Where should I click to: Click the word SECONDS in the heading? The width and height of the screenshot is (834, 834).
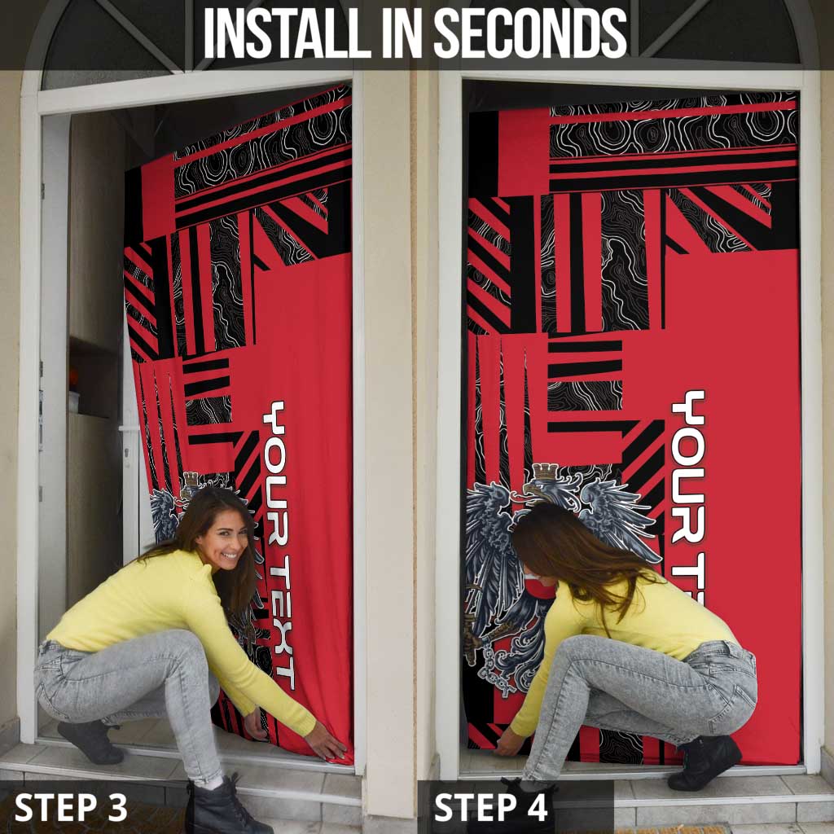530,33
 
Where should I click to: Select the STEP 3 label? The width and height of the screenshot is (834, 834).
71,807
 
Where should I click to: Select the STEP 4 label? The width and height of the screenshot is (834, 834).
490,807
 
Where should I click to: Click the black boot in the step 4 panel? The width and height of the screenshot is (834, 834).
705,762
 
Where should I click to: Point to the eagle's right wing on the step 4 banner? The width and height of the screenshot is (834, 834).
617,519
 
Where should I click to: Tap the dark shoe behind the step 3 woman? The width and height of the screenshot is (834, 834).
90,741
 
